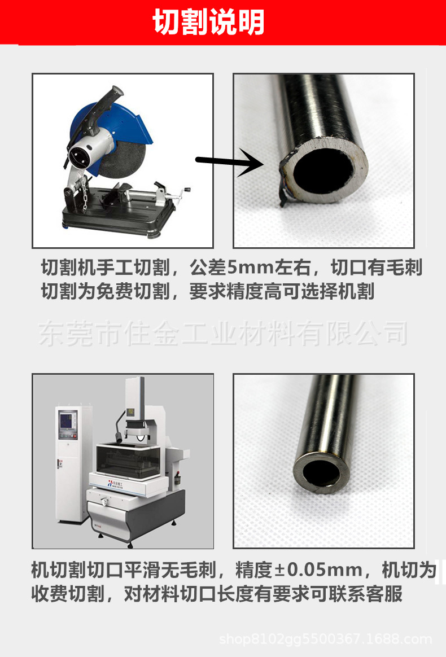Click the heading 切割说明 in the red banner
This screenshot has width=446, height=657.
209,24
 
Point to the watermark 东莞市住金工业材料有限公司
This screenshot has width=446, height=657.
223,334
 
